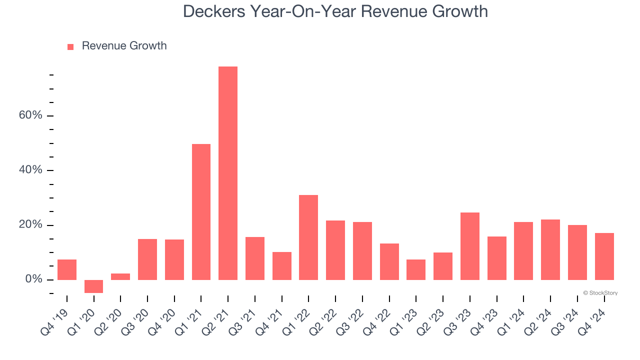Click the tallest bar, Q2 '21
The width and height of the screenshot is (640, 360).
tap(228, 173)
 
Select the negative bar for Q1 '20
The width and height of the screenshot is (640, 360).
tap(93, 286)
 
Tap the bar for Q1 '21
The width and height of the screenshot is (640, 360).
tap(201, 211)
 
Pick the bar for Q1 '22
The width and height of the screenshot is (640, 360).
tap(308, 237)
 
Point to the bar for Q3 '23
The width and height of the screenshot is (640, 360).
tap(470, 246)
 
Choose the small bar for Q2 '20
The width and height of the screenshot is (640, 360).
tap(120, 276)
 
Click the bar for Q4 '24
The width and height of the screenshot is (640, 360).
tap(604, 256)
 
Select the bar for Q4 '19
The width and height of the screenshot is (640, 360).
tap(67, 269)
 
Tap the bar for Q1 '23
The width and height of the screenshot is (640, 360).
tap(416, 269)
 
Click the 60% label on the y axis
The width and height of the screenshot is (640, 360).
tap(30, 115)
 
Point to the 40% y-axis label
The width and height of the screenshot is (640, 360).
tap(30, 170)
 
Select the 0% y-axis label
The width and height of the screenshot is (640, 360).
tap(33, 279)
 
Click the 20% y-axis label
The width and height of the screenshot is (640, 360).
tap(30, 224)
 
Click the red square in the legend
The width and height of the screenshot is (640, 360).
tap(70, 46)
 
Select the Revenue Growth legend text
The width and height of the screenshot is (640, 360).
tap(124, 46)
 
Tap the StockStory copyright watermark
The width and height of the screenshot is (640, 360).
tap(600, 293)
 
